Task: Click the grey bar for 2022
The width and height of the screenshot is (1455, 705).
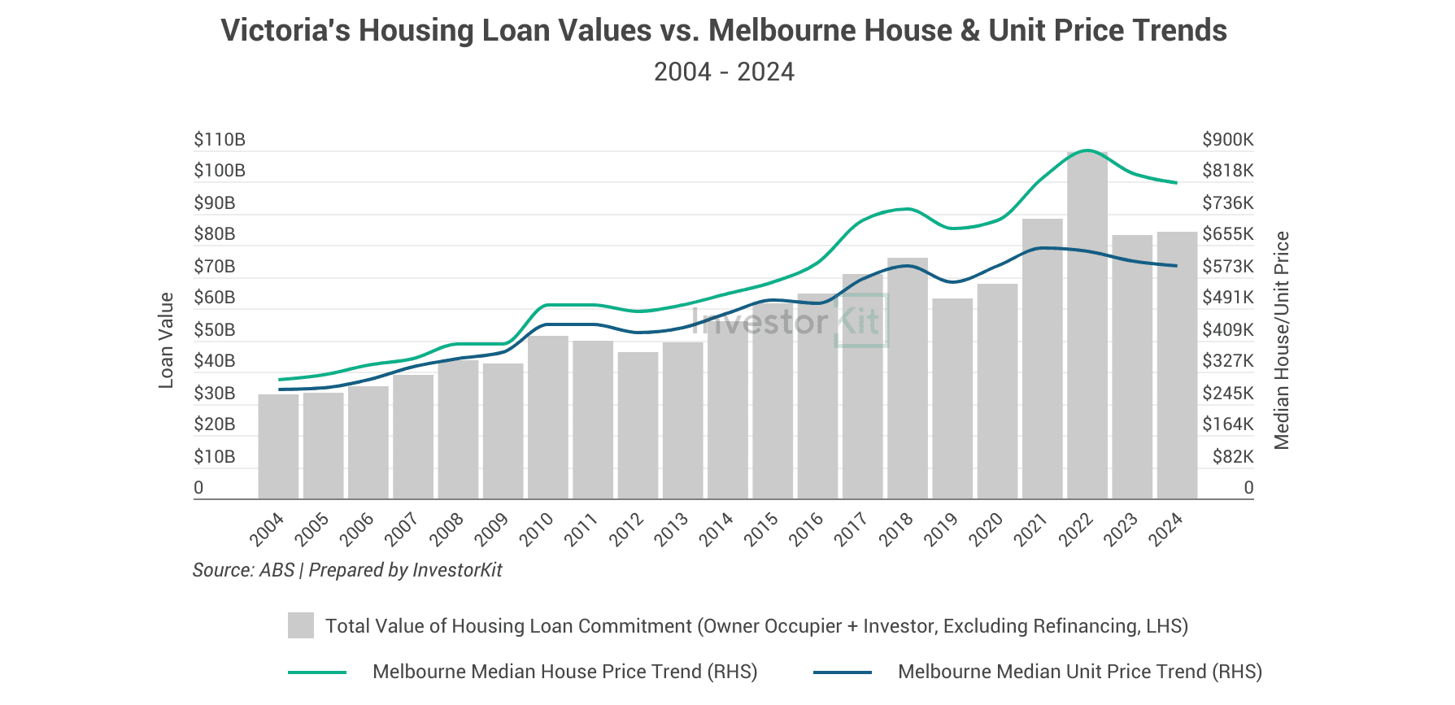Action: point(1087,325)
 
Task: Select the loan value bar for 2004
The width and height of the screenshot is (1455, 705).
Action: point(278,446)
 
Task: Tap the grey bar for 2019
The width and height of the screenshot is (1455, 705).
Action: point(952,398)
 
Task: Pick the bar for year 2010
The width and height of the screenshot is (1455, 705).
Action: point(547,417)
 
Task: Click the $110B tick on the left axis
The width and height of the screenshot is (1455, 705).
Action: point(220,140)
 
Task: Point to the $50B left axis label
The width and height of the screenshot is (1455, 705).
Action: point(215,330)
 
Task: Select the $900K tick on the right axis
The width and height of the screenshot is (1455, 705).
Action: point(1227,140)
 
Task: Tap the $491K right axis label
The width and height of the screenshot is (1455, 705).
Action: point(1227,298)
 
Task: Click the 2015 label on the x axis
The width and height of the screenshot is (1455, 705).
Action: point(761,529)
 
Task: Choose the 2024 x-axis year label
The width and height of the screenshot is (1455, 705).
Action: point(1165,529)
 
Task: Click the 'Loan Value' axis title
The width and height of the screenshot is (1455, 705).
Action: point(166,340)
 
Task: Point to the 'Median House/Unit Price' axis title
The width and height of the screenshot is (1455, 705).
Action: point(1282,340)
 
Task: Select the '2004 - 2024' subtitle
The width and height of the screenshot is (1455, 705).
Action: point(724,72)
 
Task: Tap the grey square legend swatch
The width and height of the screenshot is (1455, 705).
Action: point(301,625)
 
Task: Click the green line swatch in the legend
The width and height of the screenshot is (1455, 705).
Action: point(317,672)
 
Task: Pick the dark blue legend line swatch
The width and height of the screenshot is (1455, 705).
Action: point(843,672)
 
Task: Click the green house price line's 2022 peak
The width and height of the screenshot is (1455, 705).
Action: point(1087,150)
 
